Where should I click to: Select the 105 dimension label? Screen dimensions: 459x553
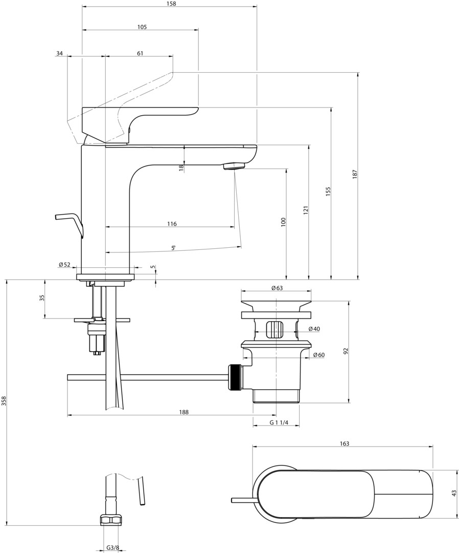pos(142,27)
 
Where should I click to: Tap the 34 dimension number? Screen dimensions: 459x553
pos(59,53)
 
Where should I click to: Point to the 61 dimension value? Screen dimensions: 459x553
pos(140,53)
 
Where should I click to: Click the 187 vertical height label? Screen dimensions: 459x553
pos(355,175)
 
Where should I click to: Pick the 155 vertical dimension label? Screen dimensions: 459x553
pos(328,192)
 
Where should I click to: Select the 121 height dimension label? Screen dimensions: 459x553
pos(306,210)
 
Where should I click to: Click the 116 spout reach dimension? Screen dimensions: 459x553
pos(172,224)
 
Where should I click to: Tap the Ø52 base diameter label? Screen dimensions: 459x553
pos(65,265)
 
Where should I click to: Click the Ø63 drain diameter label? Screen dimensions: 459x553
pos(277,288)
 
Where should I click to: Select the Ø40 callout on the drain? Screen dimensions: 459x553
pos(314,329)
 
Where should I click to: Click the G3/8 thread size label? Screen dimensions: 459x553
pos(112,548)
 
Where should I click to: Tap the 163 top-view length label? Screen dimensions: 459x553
pos(345,443)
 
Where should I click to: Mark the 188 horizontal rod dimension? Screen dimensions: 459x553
pos(183,412)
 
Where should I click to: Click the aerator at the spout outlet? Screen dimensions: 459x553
pos(234,166)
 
